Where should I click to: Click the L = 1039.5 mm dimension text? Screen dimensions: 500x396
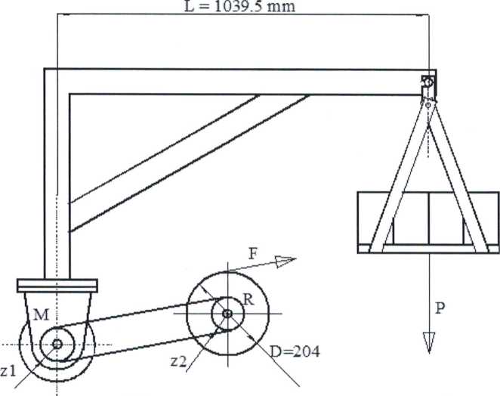(x=239, y=6)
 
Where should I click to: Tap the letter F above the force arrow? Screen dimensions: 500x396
(x=252, y=255)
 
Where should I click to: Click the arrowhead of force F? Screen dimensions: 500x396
(x=286, y=261)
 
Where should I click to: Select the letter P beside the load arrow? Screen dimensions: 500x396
(x=440, y=308)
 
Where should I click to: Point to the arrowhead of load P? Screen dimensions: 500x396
(x=429, y=342)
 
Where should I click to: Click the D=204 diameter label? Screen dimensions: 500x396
(x=295, y=351)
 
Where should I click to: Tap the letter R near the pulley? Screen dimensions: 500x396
(x=248, y=300)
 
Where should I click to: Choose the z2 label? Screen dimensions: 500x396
(x=178, y=361)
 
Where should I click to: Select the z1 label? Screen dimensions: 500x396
(x=8, y=371)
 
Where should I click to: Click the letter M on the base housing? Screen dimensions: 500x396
(x=42, y=315)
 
